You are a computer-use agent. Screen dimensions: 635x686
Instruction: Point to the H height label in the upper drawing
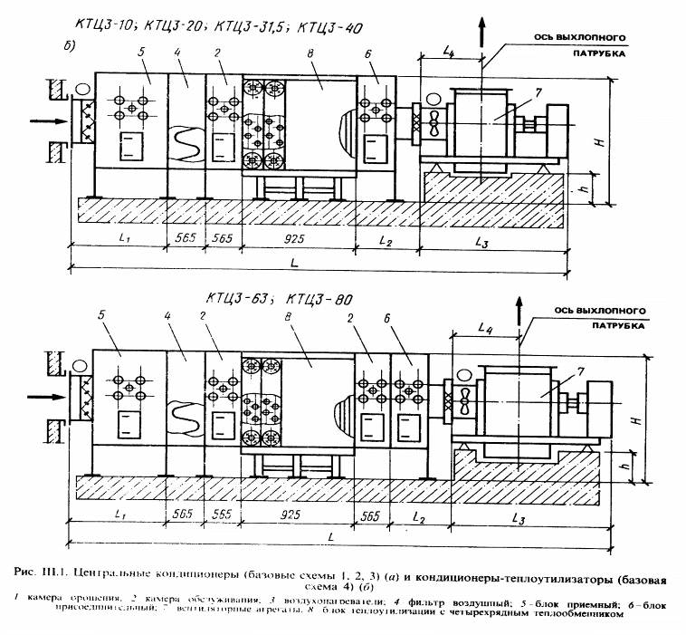619,141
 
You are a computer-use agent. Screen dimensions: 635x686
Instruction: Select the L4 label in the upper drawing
450,56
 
